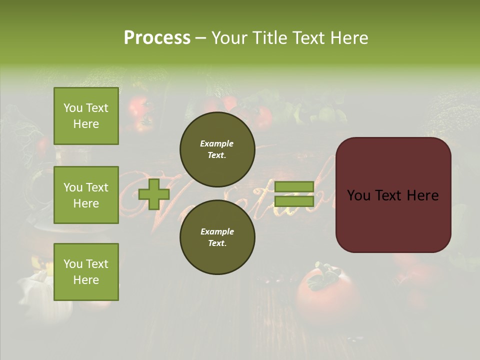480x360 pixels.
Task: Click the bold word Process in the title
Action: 157,38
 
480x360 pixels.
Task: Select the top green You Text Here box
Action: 86,116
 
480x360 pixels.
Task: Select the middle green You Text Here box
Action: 86,195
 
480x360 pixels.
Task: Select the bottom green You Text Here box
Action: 86,271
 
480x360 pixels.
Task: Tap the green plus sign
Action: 153,194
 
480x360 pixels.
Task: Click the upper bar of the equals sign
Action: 294,187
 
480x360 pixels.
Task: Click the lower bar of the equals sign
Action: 294,201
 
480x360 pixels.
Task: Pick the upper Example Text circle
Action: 217,149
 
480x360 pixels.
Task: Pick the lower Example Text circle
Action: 217,237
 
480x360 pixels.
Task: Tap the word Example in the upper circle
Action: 217,143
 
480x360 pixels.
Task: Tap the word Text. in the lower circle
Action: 217,243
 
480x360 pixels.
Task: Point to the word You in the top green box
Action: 72,108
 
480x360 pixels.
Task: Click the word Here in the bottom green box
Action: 86,280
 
